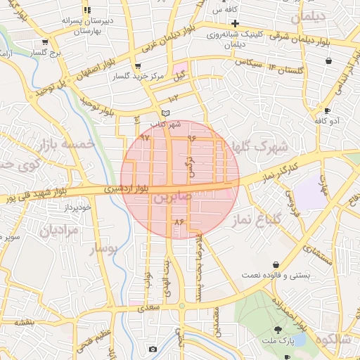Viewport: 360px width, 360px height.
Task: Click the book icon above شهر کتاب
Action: [x=165, y=113]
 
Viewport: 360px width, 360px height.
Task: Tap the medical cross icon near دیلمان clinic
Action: [x=236, y=23]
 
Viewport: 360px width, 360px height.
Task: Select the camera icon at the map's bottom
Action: [x=153, y=349]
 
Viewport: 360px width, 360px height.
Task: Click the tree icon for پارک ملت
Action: [x=278, y=330]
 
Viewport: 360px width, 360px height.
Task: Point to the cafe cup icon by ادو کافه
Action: [x=327, y=110]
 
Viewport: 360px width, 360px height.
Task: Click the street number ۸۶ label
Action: [x=178, y=221]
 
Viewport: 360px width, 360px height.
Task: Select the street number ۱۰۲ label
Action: [x=174, y=98]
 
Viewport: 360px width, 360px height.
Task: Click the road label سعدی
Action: [x=150, y=307]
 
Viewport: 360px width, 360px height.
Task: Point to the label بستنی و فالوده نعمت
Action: [x=276, y=276]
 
